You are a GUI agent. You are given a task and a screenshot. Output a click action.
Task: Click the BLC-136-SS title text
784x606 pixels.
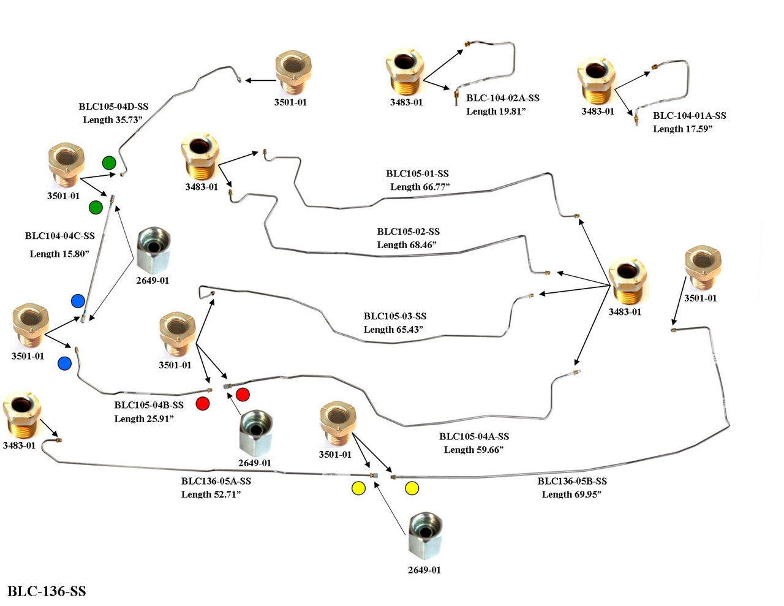pyautogui.click(x=47, y=591)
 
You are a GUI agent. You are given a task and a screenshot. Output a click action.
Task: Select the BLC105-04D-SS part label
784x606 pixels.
pyautogui.click(x=113, y=107)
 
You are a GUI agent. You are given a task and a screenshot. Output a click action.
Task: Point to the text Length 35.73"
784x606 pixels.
pyautogui.click(x=113, y=120)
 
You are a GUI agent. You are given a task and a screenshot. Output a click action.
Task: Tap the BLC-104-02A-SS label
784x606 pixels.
pyautogui.click(x=503, y=98)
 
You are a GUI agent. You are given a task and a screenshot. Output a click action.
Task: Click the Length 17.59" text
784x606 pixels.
pyautogui.click(x=683, y=129)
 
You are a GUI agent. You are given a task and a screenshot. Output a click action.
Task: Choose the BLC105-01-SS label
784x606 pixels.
pyautogui.click(x=417, y=174)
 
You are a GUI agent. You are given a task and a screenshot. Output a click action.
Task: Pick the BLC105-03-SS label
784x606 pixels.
pyautogui.click(x=395, y=316)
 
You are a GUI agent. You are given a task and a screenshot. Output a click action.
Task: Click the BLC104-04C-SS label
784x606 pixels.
pyautogui.click(x=60, y=236)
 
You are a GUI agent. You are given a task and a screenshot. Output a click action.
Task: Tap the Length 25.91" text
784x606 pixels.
pyautogui.click(x=144, y=419)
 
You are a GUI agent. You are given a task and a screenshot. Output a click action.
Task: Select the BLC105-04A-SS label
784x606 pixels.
pyautogui.click(x=474, y=437)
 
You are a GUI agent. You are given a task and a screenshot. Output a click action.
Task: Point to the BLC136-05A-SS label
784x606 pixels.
pyautogui.click(x=216, y=482)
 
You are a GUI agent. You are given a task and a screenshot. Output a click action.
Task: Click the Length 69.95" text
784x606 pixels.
pyautogui.click(x=571, y=494)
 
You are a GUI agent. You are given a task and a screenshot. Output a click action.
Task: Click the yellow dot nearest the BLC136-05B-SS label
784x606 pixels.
pyautogui.click(x=412, y=488)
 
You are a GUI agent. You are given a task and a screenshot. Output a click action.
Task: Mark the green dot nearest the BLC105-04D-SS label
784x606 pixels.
pyautogui.click(x=109, y=162)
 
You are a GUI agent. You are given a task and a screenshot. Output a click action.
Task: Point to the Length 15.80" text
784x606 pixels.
pyautogui.click(x=60, y=254)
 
